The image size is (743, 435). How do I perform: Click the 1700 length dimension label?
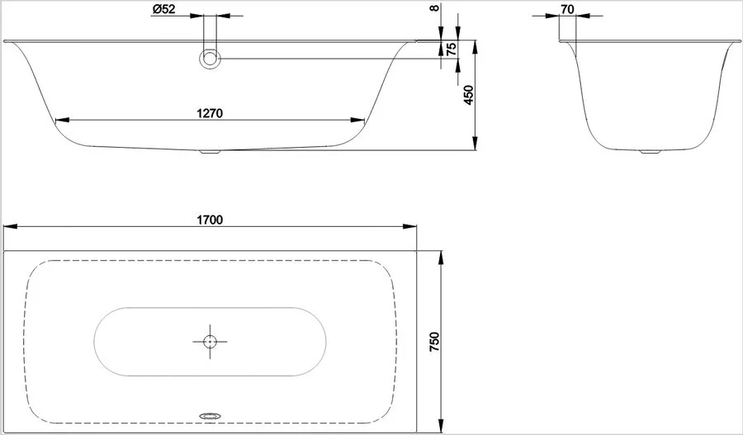(x=210, y=220)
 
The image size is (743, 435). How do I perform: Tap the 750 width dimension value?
(x=434, y=342)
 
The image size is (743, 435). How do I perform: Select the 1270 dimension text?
(x=210, y=113)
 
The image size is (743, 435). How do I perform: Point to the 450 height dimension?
(x=468, y=95)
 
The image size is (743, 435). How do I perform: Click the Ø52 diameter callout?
(x=163, y=9)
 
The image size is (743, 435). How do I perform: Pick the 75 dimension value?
(x=452, y=50)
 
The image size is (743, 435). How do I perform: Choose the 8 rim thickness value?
(x=435, y=7)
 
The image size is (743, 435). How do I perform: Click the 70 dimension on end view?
(x=566, y=9)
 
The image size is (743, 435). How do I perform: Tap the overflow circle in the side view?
(x=210, y=59)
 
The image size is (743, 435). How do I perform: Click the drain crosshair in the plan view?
(x=210, y=341)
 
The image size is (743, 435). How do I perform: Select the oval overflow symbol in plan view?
(x=210, y=415)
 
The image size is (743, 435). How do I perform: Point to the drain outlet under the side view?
(x=210, y=152)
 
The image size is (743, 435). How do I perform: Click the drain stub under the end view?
(x=650, y=152)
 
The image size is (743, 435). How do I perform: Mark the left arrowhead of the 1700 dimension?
(x=11, y=226)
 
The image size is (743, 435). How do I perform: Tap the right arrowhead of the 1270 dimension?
(x=357, y=120)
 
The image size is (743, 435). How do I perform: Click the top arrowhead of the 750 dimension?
(x=441, y=258)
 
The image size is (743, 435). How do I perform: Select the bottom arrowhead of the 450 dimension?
(x=476, y=143)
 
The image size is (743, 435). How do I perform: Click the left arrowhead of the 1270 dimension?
(x=62, y=120)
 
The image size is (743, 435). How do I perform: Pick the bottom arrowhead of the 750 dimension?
(x=441, y=425)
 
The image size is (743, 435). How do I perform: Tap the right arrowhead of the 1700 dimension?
(x=409, y=226)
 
